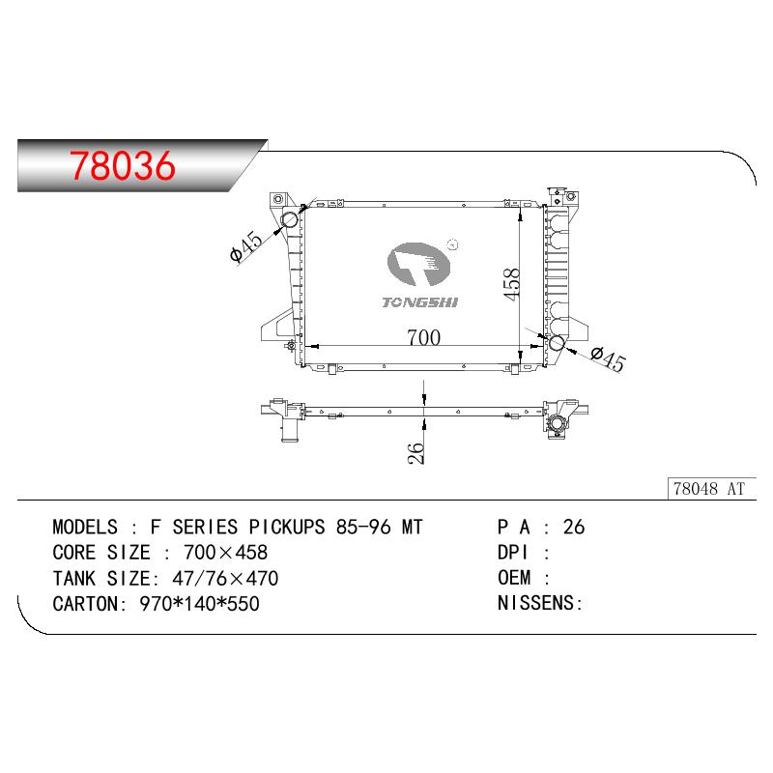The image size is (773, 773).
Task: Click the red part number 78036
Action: pyautogui.click(x=123, y=165)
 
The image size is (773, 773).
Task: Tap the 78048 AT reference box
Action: pyautogui.click(x=711, y=489)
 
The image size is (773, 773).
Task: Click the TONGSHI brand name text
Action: pyautogui.click(x=420, y=302)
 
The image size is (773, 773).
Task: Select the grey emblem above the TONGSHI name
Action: pyautogui.click(x=418, y=264)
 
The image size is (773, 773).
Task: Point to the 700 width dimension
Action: pyautogui.click(x=423, y=337)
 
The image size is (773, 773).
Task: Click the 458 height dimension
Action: pyautogui.click(x=511, y=284)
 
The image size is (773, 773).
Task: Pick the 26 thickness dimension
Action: pyautogui.click(x=415, y=452)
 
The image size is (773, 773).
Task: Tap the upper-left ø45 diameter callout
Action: pyautogui.click(x=246, y=246)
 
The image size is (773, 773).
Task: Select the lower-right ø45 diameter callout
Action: pyautogui.click(x=608, y=358)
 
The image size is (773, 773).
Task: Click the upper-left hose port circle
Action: pyautogui.click(x=289, y=219)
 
